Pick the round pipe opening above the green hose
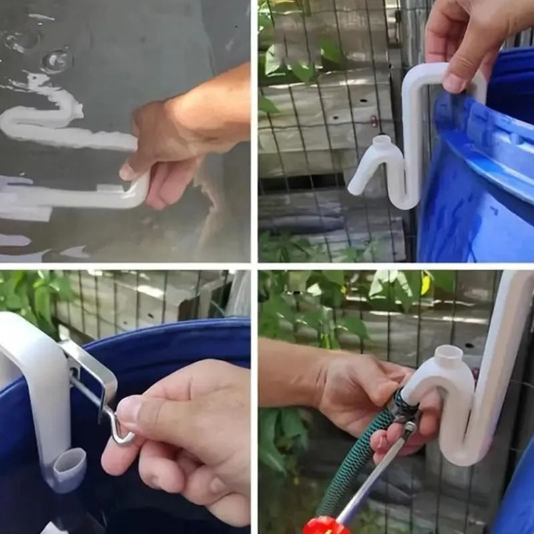[449, 353]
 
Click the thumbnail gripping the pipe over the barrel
[453, 83]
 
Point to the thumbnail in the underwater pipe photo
[129, 171]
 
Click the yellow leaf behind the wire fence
[426, 284]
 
